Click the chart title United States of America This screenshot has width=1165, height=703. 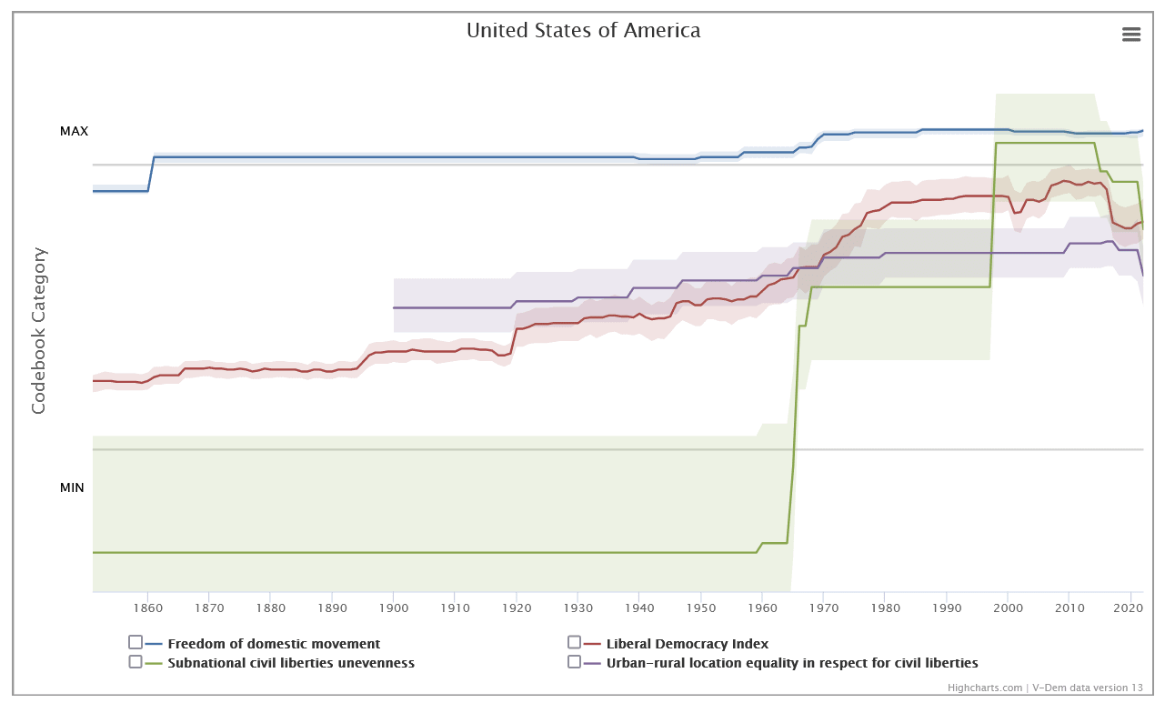[x=583, y=30]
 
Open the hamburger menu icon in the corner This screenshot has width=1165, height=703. [x=1131, y=35]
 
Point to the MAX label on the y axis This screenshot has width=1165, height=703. [x=75, y=131]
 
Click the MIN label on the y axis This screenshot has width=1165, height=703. [x=72, y=487]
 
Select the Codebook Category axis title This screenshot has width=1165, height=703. [x=38, y=330]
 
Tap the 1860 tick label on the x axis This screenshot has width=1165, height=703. [x=147, y=608]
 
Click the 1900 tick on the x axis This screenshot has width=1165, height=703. [x=394, y=608]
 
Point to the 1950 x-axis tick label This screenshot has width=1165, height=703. [x=700, y=608]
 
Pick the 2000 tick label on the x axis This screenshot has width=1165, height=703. [x=1008, y=608]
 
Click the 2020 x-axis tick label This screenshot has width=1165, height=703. [x=1130, y=608]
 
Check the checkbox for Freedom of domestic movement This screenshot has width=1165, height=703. [x=136, y=642]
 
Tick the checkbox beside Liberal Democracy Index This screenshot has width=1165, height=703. [x=574, y=642]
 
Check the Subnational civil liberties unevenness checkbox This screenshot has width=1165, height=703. [x=136, y=661]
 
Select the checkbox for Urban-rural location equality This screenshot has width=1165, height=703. [x=574, y=661]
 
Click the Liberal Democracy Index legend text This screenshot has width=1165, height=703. [x=687, y=644]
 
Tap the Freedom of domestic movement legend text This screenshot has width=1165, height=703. [x=274, y=644]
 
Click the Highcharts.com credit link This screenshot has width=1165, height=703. [x=985, y=688]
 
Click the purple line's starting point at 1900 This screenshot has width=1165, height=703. [x=395, y=307]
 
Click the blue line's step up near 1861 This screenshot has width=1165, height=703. [x=151, y=174]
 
